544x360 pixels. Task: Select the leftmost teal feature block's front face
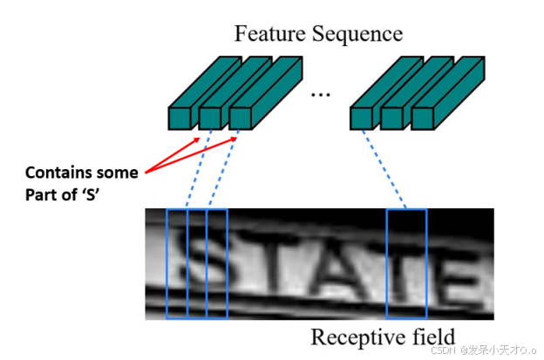180,119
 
